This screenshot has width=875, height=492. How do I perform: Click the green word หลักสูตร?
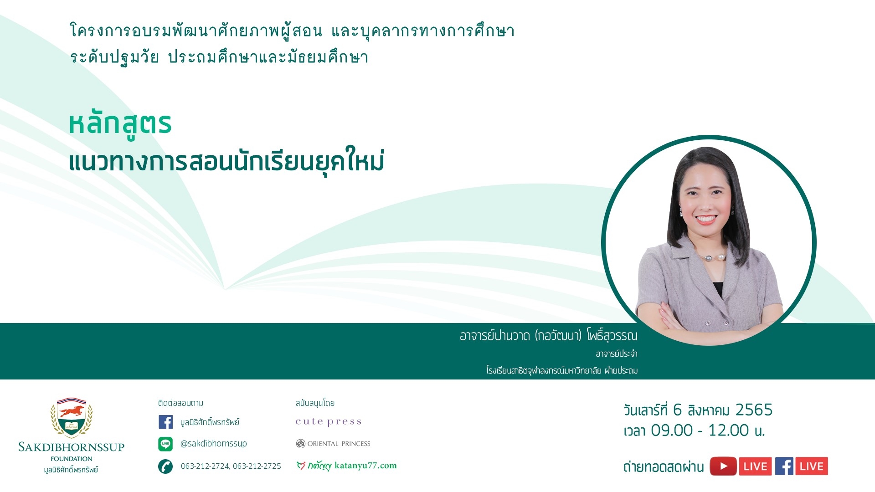click(x=120, y=124)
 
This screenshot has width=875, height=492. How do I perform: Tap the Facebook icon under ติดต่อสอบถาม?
click(x=165, y=422)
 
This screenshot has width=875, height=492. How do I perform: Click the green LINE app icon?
click(x=165, y=444)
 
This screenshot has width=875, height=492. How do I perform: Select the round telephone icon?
click(x=165, y=466)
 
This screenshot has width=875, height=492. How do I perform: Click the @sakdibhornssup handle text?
click(x=213, y=443)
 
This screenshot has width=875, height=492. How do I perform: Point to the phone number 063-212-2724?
click(x=205, y=466)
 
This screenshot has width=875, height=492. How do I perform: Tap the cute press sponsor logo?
click(x=329, y=422)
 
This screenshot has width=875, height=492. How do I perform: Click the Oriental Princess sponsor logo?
click(x=333, y=444)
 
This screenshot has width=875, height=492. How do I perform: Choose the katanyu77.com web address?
click(x=365, y=466)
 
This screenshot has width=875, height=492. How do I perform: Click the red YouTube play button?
click(x=723, y=466)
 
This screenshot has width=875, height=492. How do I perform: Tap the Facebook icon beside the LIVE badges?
click(x=784, y=466)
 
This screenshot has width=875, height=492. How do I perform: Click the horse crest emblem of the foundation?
click(x=72, y=418)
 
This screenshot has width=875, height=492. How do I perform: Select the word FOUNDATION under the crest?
click(x=72, y=459)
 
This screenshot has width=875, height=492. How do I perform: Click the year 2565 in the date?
click(x=754, y=410)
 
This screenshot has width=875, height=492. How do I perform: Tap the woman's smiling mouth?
click(x=706, y=220)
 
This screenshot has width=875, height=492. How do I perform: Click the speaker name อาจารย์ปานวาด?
click(x=494, y=336)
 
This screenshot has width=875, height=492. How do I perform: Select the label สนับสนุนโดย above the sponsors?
click(x=315, y=403)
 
